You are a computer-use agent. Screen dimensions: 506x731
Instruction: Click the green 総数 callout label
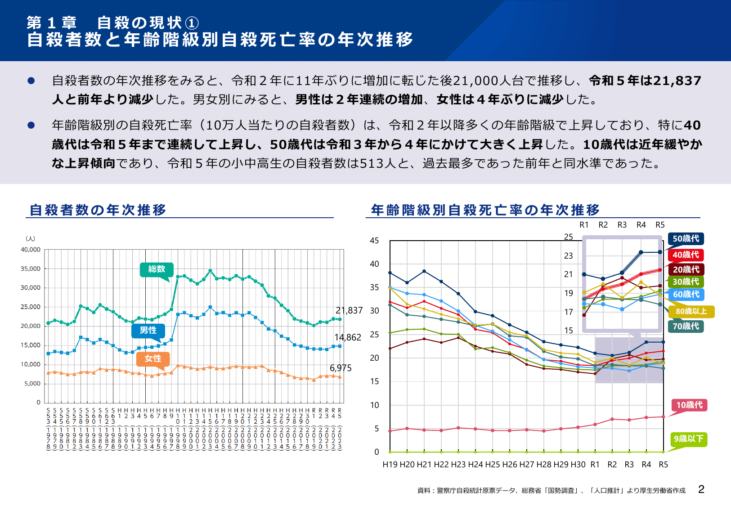point(157,269)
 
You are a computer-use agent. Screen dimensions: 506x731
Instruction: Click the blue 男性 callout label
point(148,330)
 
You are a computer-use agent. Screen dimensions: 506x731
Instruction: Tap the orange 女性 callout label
point(153,358)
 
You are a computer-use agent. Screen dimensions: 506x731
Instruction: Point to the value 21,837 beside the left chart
point(349,310)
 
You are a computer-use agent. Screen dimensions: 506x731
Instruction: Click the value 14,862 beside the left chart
point(348,337)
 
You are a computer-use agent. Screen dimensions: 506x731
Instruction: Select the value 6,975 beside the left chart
point(341,368)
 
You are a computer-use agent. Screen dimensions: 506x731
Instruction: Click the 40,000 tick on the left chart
point(31,250)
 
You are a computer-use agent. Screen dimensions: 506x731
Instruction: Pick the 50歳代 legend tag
point(686,238)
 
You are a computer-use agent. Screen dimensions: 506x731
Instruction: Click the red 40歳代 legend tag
point(686,255)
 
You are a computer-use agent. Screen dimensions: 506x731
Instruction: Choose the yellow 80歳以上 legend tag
point(691,311)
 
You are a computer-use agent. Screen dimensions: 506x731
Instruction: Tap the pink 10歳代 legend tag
point(689,405)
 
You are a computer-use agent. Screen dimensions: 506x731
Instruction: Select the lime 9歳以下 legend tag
point(688,439)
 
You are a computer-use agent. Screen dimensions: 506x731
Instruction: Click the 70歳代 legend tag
point(686,326)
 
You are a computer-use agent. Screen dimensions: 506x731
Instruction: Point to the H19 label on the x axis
point(390,465)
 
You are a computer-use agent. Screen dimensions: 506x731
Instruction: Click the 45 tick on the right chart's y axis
point(374,241)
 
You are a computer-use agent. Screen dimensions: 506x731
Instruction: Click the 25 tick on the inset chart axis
point(569,237)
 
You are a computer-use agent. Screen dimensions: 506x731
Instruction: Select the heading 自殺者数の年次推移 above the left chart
point(98,210)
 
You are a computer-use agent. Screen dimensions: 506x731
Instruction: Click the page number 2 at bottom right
point(701,489)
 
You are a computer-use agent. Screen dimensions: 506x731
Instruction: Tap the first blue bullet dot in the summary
point(31,81)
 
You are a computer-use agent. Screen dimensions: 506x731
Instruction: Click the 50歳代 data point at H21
point(424,271)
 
